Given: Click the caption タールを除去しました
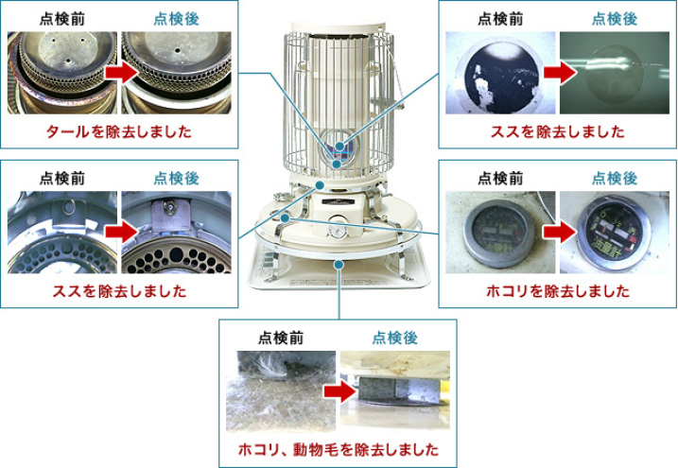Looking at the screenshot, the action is (x=118, y=131).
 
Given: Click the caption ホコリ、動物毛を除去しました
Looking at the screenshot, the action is (x=339, y=450).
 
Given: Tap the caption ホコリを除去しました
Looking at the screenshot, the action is (x=557, y=291).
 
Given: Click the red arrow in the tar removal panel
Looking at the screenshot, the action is (x=121, y=72).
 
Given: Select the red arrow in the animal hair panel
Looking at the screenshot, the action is (x=339, y=391).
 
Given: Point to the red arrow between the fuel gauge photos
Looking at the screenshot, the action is (x=560, y=232).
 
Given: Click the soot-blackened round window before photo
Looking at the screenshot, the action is (x=500, y=73).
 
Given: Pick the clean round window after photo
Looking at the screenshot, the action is (x=615, y=73).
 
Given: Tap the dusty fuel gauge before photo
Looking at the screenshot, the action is (x=500, y=232).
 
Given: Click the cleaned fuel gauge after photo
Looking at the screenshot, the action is (x=615, y=232).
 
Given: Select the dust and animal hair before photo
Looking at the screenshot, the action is (x=281, y=391).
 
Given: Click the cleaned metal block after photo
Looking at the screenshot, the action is (x=394, y=391).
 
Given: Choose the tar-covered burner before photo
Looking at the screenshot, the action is (x=62, y=73).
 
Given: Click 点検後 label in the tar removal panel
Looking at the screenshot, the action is (x=177, y=19).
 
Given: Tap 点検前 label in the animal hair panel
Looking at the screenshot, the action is (x=281, y=338).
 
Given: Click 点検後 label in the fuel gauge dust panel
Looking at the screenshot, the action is (x=615, y=179).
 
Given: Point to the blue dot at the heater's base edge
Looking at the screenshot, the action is (x=339, y=264).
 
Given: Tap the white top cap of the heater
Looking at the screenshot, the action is (x=338, y=26).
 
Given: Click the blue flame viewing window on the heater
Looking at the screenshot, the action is (x=339, y=150).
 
